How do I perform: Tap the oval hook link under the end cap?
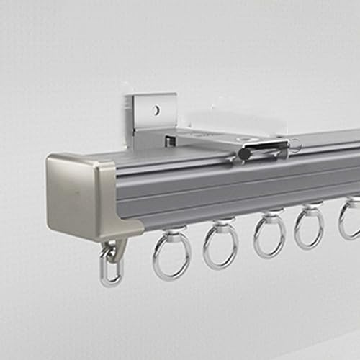point(110,269)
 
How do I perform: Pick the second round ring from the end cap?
point(220,248)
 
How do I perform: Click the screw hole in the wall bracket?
point(155,111)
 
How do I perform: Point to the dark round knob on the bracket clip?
point(244,153)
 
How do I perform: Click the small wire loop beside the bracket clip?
point(295,146)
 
